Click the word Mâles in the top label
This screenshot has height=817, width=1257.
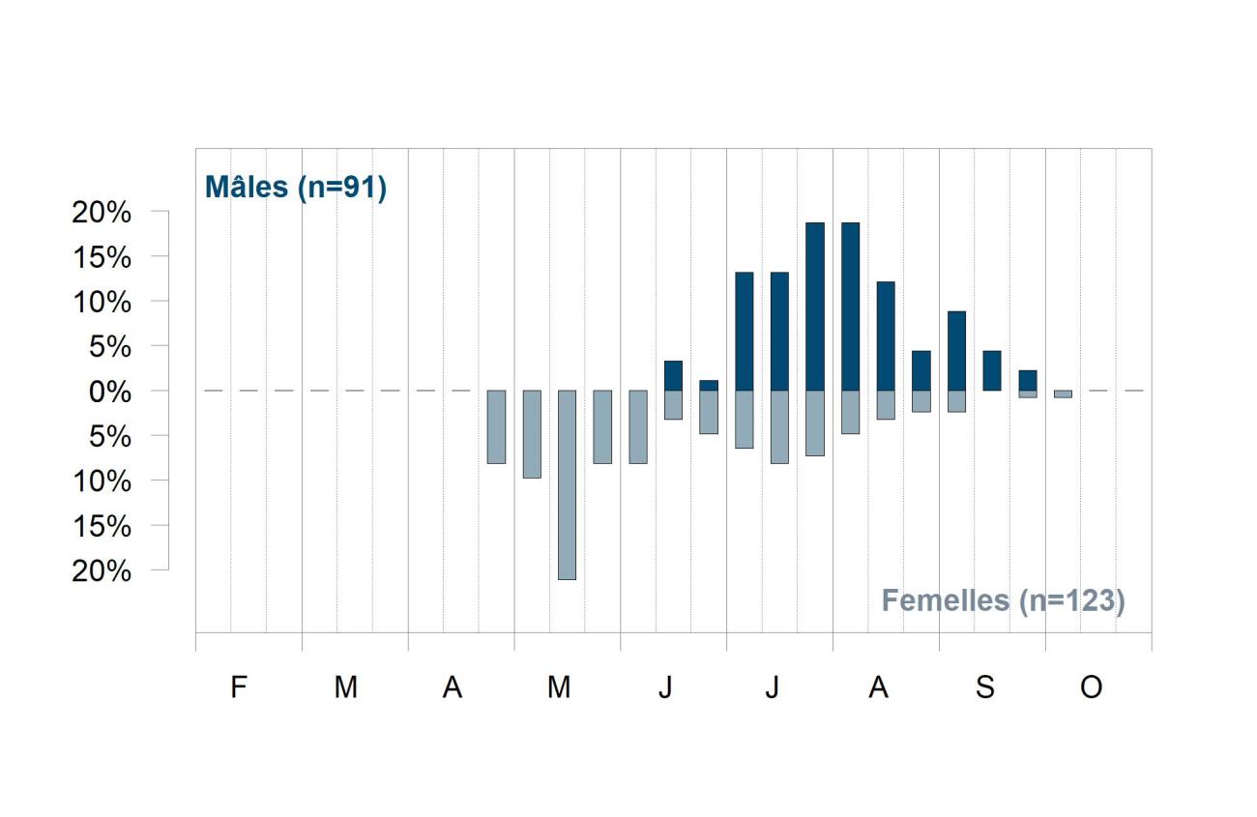tap(247, 187)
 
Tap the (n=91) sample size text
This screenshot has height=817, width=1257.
tap(342, 188)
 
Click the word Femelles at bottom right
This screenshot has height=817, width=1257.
tap(946, 600)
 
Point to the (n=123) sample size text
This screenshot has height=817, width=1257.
tap(1072, 601)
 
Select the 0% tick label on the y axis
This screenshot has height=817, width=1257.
tap(110, 392)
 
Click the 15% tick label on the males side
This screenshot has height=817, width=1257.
tap(102, 258)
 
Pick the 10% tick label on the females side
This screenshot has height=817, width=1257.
tap(102, 481)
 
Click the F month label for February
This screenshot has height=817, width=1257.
tap(239, 686)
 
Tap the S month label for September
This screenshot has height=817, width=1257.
tap(985, 686)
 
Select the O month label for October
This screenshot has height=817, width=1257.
tap(1091, 686)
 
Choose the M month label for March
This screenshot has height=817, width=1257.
tap(346, 686)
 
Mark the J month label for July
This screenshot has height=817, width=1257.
tap(773, 686)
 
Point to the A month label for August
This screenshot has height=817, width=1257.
tap(878, 686)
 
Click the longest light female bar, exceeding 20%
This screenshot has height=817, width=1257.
tap(567, 484)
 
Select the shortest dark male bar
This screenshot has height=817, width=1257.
tap(709, 386)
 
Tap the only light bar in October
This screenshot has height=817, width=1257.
tap(1063, 394)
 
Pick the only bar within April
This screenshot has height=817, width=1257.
tap(496, 427)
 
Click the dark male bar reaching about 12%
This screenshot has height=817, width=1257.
tap(886, 336)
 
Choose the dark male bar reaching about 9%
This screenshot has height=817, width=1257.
tap(957, 351)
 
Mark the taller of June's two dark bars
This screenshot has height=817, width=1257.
tap(673, 375)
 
